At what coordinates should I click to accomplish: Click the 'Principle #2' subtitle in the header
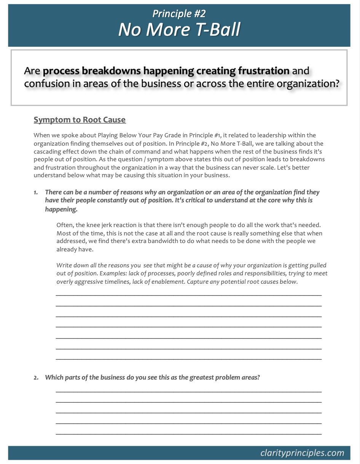pyautogui.click(x=179, y=14)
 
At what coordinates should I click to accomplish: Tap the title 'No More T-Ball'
pyautogui.click(x=179, y=30)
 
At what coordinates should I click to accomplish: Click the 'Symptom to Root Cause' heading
pyautogui.click(x=80, y=120)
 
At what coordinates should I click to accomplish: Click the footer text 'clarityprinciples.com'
pyautogui.click(x=302, y=453)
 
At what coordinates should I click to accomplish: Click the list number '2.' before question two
pyautogui.click(x=36, y=378)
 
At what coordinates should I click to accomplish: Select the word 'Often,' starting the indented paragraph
pyautogui.click(x=65, y=225)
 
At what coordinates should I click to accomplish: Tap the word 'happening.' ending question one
pyautogui.click(x=61, y=209)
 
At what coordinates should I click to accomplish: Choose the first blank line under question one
pyautogui.click(x=188, y=295)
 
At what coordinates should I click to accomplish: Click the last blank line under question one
pyautogui.click(x=188, y=359)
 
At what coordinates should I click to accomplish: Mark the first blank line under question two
pyautogui.click(x=188, y=392)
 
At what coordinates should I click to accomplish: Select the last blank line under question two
pyautogui.click(x=188, y=434)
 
